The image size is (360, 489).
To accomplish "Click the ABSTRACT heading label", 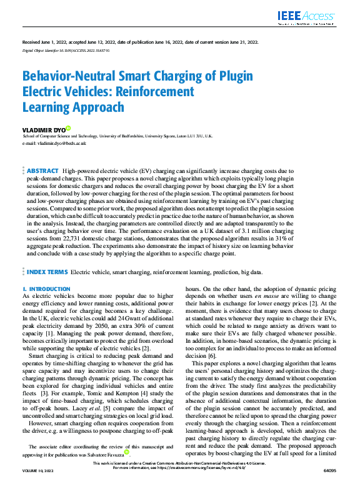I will click(42, 170).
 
